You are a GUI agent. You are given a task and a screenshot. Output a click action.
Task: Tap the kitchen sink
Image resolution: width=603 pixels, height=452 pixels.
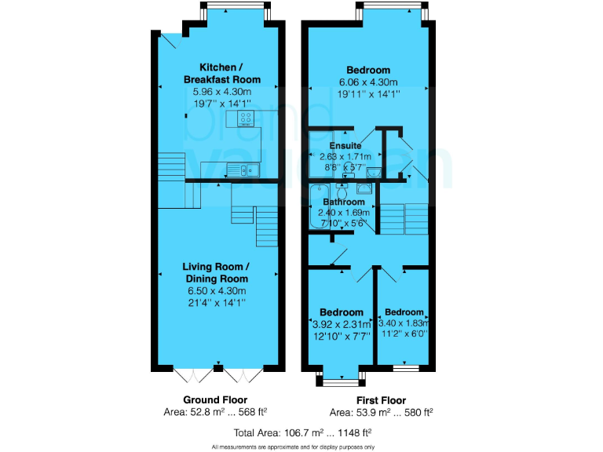pyautogui.click(x=239, y=169)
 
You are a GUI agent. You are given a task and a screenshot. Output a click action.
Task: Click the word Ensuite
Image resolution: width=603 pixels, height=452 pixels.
pyautogui.click(x=345, y=145)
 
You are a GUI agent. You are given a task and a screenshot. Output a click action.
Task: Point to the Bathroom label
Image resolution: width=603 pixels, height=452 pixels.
pyautogui.click(x=345, y=202)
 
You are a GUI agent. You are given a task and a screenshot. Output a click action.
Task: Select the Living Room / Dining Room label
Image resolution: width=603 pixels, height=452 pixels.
pyautogui.click(x=217, y=273)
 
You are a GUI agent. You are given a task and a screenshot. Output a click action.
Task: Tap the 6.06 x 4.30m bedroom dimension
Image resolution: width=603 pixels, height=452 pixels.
pyautogui.click(x=367, y=82)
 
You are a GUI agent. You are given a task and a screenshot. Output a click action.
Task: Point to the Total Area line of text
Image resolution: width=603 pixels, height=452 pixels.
pyautogui.click(x=301, y=432)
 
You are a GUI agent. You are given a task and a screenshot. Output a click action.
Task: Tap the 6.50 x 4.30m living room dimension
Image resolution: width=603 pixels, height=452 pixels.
pyautogui.click(x=217, y=290)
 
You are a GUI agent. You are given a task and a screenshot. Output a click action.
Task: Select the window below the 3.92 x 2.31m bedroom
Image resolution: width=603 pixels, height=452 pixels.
pyautogui.click(x=340, y=381)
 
